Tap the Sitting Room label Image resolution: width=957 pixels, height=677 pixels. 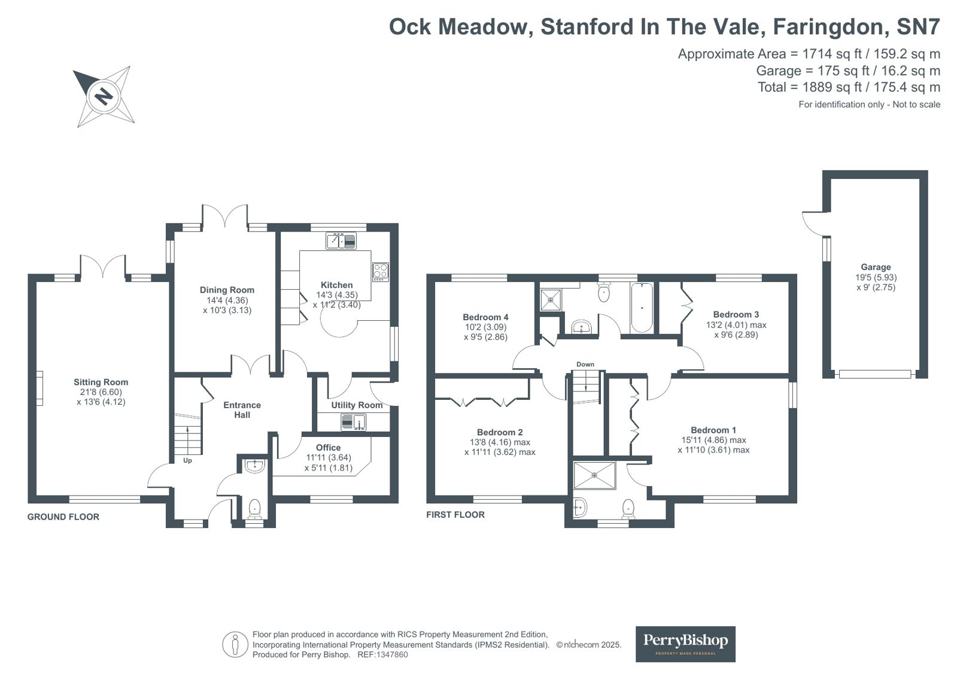(x=101, y=382)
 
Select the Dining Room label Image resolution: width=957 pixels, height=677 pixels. (x=227, y=290)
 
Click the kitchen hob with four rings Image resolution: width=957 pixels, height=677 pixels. (x=381, y=272)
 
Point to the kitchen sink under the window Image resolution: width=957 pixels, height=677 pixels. (x=341, y=241)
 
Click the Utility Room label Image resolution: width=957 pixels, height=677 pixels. (x=357, y=405)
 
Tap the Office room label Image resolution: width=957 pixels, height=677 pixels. (x=328, y=448)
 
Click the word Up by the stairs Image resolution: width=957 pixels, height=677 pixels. (x=187, y=460)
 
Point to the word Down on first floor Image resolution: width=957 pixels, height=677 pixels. (x=585, y=364)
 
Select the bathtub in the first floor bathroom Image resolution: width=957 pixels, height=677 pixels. (x=642, y=307)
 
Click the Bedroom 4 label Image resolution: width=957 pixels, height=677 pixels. (x=485, y=317)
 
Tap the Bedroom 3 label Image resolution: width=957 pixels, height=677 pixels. (x=736, y=315)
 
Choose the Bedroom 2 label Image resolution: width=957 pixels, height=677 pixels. (x=500, y=432)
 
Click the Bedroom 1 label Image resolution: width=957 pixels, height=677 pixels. (x=713, y=430)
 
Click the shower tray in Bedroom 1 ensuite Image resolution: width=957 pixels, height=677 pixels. (x=594, y=475)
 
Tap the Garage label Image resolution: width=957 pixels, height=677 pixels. (x=876, y=267)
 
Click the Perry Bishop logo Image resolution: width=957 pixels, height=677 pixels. (x=685, y=643)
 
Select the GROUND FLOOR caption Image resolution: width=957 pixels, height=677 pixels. (x=63, y=517)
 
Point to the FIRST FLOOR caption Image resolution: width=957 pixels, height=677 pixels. (x=455, y=515)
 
